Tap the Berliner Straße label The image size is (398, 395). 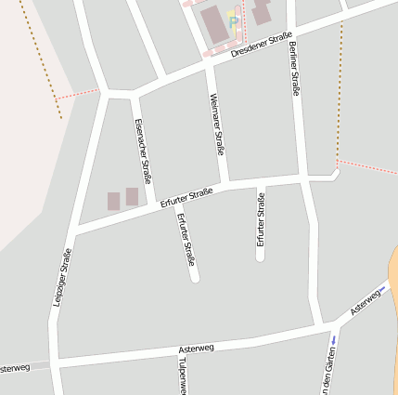295,69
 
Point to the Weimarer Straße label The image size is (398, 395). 218,124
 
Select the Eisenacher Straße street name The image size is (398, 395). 142,151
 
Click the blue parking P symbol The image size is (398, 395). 234,19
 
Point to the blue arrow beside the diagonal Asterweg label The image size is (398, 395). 383,290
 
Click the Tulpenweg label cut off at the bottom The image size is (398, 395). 183,375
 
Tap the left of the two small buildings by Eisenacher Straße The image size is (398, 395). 113,201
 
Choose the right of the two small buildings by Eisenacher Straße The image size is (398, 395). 132,196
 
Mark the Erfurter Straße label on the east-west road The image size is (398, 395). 186,197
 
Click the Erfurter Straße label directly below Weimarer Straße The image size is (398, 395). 261,219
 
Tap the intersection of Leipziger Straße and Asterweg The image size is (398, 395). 56,359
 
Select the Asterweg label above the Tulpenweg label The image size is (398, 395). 196,348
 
